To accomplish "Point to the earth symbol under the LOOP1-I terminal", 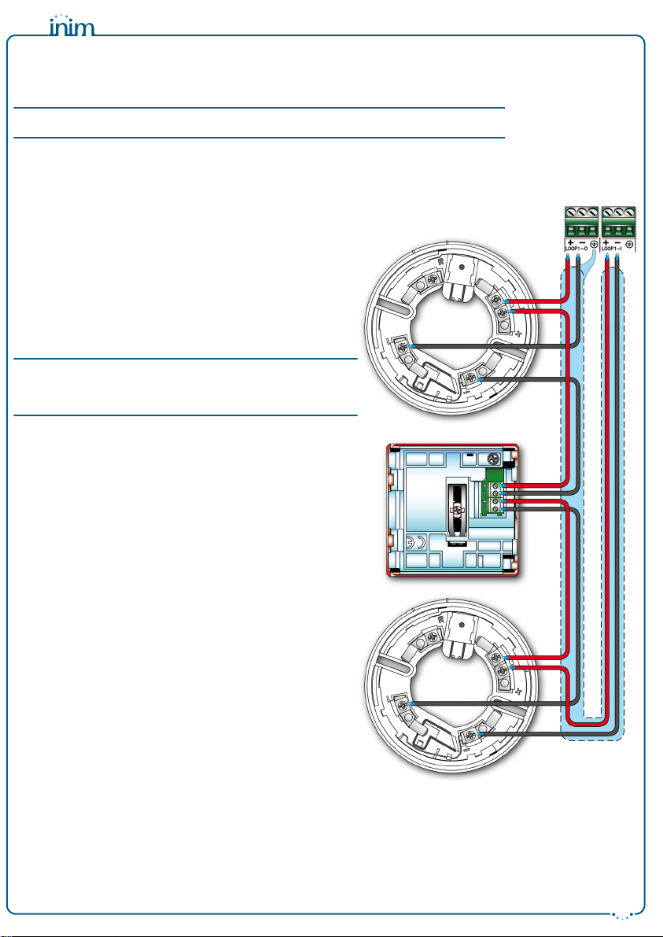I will click(630, 245).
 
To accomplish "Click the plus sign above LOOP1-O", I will click(568, 242).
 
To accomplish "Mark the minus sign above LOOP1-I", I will click(617, 242).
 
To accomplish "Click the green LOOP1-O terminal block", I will click(581, 223).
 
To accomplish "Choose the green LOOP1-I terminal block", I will click(618, 223).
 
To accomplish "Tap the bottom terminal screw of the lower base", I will click(471, 736).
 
